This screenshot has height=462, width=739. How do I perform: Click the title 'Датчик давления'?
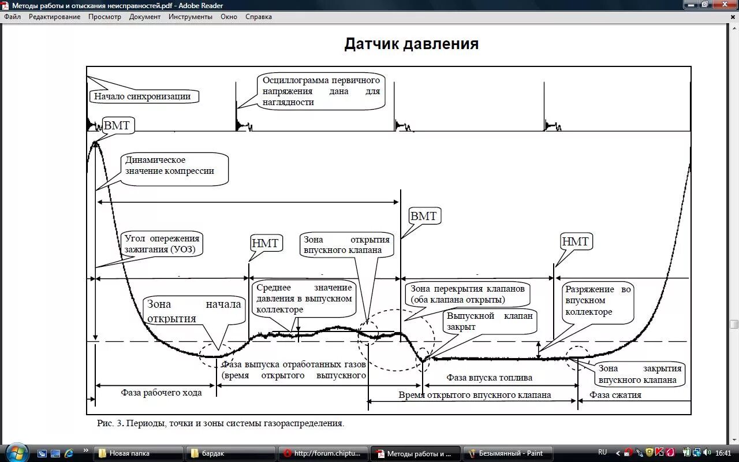(411, 44)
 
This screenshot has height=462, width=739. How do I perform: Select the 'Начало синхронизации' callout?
(143, 96)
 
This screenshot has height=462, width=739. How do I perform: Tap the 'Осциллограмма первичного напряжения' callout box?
(321, 91)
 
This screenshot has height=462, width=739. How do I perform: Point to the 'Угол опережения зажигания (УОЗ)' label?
(162, 244)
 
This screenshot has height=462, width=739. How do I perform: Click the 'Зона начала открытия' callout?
(194, 311)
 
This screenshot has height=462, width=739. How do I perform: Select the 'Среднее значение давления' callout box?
(304, 299)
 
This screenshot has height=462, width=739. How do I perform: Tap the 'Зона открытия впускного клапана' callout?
(346, 245)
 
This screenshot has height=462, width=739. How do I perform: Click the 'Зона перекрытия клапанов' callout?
(467, 294)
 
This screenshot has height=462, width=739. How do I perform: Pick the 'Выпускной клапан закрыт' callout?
(490, 322)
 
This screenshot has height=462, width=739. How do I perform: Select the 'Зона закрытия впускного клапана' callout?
(640, 374)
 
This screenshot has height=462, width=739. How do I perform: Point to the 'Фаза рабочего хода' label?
(161, 393)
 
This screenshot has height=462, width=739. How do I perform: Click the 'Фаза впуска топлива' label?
(489, 378)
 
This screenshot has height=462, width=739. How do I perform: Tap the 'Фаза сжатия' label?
(615, 395)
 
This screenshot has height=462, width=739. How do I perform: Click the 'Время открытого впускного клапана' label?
(475, 395)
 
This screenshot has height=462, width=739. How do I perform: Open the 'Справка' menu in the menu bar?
(258, 17)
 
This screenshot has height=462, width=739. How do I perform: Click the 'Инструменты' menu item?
(191, 17)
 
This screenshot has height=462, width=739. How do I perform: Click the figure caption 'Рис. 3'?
(221, 423)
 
